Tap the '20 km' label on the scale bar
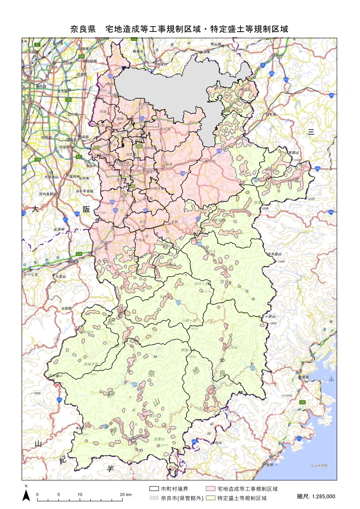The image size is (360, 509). (x=126, y=494)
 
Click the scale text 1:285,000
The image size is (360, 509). (x=316, y=497)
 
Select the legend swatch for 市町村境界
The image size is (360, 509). (x=154, y=488)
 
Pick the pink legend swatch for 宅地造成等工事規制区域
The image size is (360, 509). (x=211, y=488)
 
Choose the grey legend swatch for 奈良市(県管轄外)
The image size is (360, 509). (x=154, y=498)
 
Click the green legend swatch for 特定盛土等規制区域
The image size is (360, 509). (x=211, y=498)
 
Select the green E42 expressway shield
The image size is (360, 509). (x=302, y=402)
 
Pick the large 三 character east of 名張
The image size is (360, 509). (x=311, y=132)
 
